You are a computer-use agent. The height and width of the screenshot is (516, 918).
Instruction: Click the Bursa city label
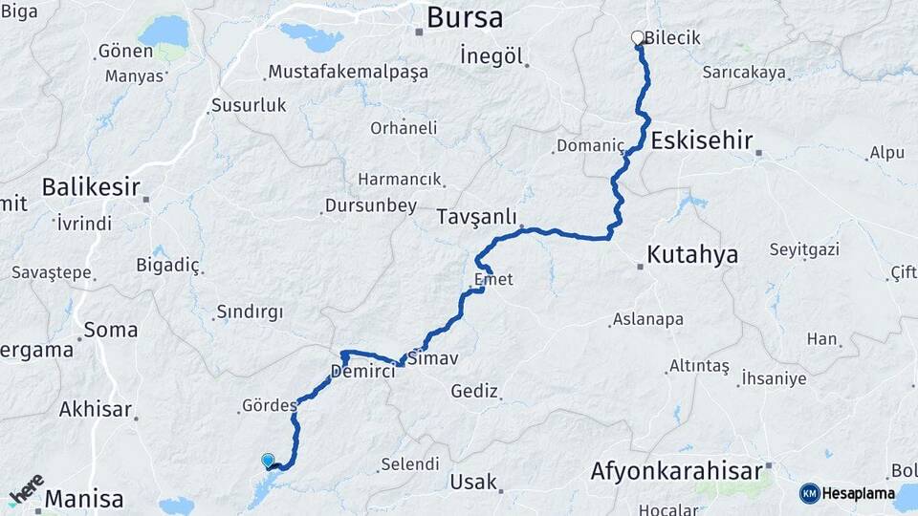tap(465, 17)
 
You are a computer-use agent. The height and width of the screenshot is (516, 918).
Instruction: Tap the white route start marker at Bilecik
tap(638, 38)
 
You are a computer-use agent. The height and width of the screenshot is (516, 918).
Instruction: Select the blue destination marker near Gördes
tap(268, 461)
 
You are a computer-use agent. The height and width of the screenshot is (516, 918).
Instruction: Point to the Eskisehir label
tap(699, 140)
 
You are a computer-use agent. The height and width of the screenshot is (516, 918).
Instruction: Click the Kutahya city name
tap(692, 255)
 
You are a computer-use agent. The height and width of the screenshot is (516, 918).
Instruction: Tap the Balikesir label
tap(91, 186)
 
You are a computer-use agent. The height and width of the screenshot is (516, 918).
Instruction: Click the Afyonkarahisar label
tap(676, 470)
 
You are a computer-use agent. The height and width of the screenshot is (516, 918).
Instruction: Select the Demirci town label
tap(362, 372)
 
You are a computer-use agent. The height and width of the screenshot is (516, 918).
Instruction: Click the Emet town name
tap(493, 280)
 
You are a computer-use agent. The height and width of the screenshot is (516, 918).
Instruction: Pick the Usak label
tap(473, 482)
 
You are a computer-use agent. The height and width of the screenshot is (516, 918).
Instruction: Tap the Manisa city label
tap(84, 499)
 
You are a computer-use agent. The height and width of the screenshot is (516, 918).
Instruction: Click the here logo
tap(26, 490)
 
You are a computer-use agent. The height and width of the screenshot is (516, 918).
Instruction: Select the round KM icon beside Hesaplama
tap(810, 493)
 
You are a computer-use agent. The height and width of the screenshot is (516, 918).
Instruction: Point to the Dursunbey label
tap(370, 205)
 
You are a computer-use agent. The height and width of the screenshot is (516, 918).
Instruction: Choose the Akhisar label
tap(95, 410)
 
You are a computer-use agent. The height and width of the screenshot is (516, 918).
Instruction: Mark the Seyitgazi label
tap(804, 249)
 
